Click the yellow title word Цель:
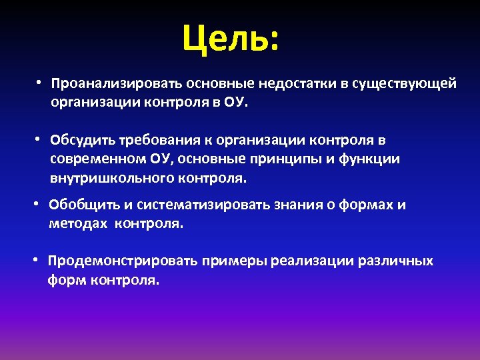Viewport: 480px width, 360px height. (x=231, y=41)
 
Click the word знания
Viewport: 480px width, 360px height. (x=292, y=205)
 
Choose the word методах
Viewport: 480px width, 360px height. (x=78, y=224)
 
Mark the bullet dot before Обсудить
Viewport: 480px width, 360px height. (x=39, y=139)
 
